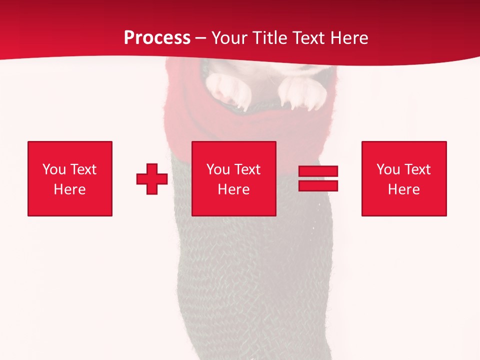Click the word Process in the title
[157, 38]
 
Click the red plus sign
[152, 179]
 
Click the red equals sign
[318, 178]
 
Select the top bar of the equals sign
[318, 171]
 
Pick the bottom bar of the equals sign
[318, 185]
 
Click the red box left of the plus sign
[70, 178]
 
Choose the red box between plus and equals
[234, 178]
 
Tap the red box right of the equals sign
[404, 178]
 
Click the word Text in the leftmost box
[83, 169]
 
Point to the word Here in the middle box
[234, 189]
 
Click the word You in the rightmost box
[388, 169]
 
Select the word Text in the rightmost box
[417, 169]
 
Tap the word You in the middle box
[218, 169]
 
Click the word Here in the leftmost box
[70, 189]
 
